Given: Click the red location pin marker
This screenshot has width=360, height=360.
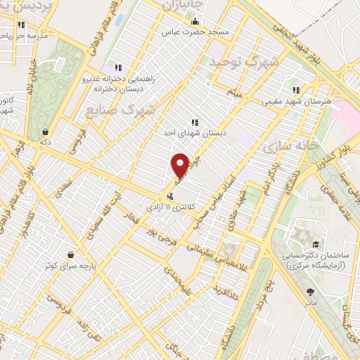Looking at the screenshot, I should (x=180, y=165).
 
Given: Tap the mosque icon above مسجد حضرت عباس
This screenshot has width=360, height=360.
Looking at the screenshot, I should (x=195, y=22).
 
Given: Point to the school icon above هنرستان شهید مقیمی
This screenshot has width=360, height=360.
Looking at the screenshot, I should (x=296, y=90).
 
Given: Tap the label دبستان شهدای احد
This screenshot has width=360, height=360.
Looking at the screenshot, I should (x=191, y=133).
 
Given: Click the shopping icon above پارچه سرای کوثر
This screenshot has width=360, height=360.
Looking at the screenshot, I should (x=70, y=255).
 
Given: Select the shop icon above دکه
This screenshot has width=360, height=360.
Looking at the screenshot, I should (x=46, y=131).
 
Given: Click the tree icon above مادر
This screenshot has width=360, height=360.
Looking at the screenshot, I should (x=310, y=290).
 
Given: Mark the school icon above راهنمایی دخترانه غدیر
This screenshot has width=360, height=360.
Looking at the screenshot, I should (x=118, y=67).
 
